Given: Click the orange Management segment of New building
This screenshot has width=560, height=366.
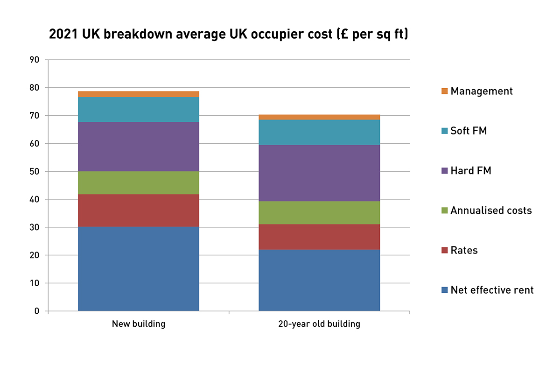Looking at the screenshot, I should tap(139, 94).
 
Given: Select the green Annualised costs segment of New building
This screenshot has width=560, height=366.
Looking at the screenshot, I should tap(139, 183).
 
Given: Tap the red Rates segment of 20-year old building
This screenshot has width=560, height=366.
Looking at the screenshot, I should tap(319, 237).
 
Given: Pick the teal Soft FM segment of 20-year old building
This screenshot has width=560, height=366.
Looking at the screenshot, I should tap(319, 133).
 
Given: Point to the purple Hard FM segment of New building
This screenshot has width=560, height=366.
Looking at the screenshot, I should tap(139, 147).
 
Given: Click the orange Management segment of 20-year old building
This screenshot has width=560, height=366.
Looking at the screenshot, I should tap(319, 117).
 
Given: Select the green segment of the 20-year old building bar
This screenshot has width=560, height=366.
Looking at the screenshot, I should tap(319, 213).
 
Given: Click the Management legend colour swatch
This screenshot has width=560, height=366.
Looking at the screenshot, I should tap(444, 91).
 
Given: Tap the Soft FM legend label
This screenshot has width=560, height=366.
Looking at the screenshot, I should tap(469, 131).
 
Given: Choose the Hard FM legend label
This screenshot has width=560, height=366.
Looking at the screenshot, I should tap(471, 171).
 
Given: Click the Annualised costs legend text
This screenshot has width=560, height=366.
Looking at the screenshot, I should tap(491, 211).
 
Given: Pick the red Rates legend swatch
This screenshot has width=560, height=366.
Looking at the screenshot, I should tap(444, 251).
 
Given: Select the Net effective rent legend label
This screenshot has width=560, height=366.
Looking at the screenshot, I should tap(492, 290).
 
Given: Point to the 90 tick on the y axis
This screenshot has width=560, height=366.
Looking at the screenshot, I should tap(35, 60).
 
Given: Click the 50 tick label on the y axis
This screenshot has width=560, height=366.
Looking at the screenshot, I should tap(35, 171).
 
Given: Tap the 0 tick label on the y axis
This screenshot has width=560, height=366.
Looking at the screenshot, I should tap(37, 311).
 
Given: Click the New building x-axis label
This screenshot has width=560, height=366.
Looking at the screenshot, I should tap(139, 324).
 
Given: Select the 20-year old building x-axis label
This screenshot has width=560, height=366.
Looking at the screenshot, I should tap(319, 324).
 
